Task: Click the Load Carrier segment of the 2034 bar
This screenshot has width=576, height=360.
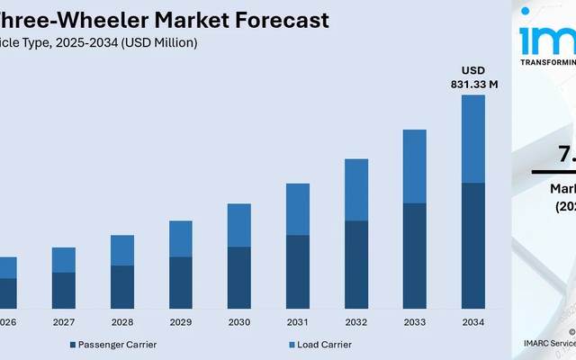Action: click(x=473, y=139)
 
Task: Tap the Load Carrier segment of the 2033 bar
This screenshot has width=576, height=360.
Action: click(x=415, y=166)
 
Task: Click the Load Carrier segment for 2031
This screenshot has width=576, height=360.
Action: click(x=298, y=209)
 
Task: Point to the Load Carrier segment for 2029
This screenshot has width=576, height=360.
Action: click(x=181, y=238)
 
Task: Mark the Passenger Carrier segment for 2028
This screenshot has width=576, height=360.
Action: click(x=122, y=287)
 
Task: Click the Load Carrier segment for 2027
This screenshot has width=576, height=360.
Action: click(x=64, y=259)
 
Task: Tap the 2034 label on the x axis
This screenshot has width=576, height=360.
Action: click(x=473, y=321)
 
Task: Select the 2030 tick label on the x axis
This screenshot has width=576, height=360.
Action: click(x=239, y=321)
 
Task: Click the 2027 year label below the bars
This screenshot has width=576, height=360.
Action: click(x=64, y=321)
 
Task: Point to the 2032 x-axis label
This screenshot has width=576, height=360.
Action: click(x=356, y=321)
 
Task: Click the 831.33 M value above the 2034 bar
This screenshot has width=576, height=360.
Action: click(x=473, y=85)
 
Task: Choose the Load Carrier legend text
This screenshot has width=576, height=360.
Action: click(x=325, y=345)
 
